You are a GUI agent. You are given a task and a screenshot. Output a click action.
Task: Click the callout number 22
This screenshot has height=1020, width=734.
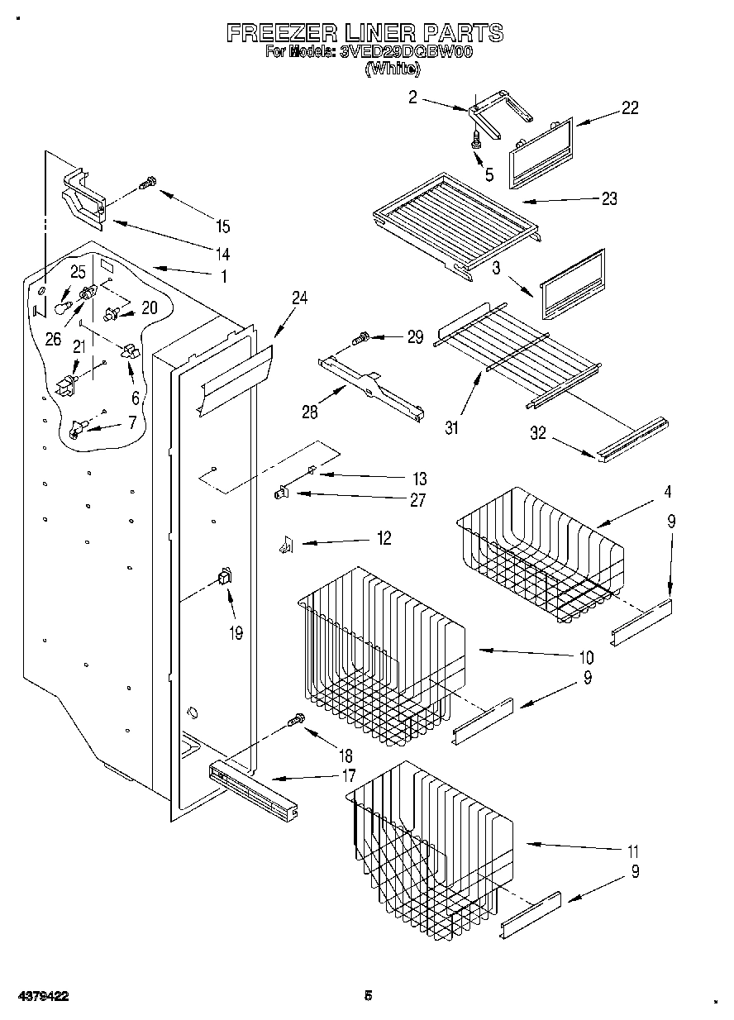630,107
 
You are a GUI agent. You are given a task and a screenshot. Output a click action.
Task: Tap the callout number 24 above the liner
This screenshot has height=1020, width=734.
299,298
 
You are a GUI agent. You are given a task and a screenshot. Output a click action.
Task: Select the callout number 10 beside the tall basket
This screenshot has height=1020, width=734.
586,658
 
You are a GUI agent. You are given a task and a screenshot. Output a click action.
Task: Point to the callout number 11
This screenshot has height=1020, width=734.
632,851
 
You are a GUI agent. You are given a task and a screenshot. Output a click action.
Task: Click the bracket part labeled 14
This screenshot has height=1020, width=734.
83,198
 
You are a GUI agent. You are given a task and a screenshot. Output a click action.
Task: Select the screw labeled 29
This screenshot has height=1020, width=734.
361,337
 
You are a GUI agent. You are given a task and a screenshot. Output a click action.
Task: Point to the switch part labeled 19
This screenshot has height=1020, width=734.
224,578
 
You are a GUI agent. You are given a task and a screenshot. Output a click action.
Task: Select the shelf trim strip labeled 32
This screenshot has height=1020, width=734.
634,437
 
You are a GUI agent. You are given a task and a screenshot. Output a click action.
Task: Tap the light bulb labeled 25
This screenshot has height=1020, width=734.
61,307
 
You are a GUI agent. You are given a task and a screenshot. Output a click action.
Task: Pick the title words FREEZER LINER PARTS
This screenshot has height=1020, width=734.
365,33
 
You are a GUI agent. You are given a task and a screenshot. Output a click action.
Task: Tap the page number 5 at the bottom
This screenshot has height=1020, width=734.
369,996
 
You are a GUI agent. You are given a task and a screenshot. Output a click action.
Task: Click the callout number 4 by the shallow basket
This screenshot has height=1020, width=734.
666,492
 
